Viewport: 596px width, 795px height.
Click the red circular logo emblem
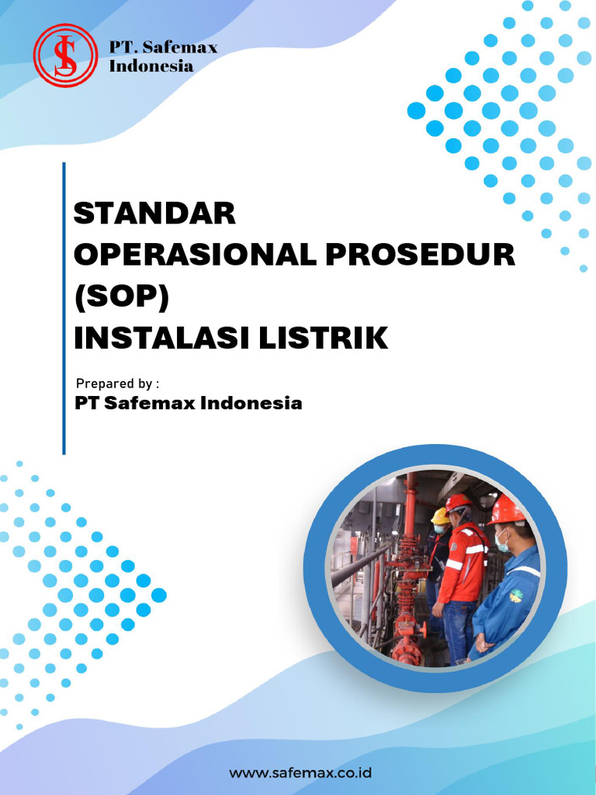point(65,55)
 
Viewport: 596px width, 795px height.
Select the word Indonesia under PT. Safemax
point(151,66)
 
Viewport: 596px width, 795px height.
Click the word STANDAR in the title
point(154,213)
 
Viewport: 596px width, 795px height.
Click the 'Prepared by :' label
point(117,384)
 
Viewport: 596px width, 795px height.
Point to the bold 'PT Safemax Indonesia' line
point(188,404)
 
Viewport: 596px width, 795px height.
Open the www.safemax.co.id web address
point(300,772)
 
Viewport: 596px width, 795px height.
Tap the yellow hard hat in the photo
point(440,515)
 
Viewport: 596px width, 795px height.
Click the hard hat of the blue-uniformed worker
point(505,509)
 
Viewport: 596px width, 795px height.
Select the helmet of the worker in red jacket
point(457,502)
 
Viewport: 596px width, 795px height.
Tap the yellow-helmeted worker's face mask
point(439,529)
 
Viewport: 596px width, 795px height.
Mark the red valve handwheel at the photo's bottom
point(407,651)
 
